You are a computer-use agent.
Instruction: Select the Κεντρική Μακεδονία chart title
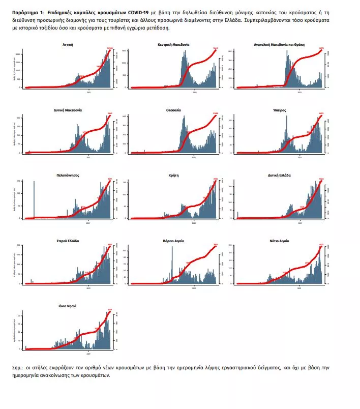174,45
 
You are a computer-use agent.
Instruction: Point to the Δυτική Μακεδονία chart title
68,110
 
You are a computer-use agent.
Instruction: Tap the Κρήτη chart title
174,175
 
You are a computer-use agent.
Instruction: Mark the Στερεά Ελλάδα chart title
68,240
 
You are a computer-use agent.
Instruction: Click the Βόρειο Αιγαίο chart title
173,240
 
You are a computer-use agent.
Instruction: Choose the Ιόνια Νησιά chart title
68,306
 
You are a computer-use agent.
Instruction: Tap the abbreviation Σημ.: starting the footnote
19,367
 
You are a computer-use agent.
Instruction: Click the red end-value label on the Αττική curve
109,48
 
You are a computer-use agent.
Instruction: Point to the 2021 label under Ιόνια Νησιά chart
89,353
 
